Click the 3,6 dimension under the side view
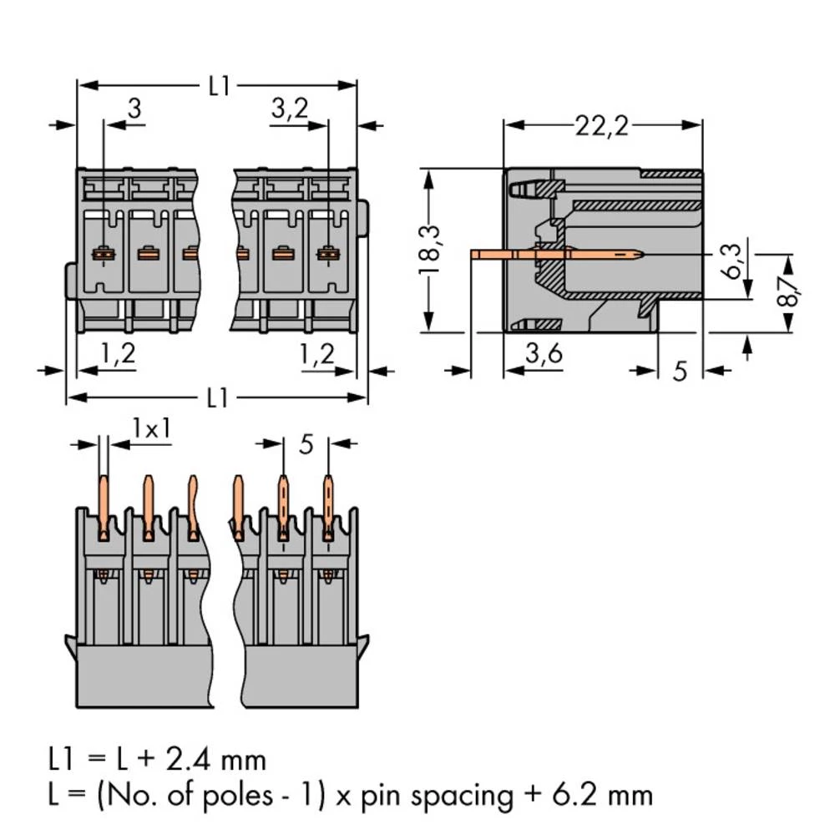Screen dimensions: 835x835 coord(544,354)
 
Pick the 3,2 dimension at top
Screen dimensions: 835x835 coord(290,108)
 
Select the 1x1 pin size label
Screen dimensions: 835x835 coord(152,428)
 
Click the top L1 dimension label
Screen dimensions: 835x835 coord(219,85)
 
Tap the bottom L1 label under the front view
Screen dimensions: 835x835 coord(218,398)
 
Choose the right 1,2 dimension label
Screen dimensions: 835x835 coord(316,354)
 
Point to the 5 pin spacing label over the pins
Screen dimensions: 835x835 coord(306,444)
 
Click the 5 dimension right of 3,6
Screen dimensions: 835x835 coord(681,370)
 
